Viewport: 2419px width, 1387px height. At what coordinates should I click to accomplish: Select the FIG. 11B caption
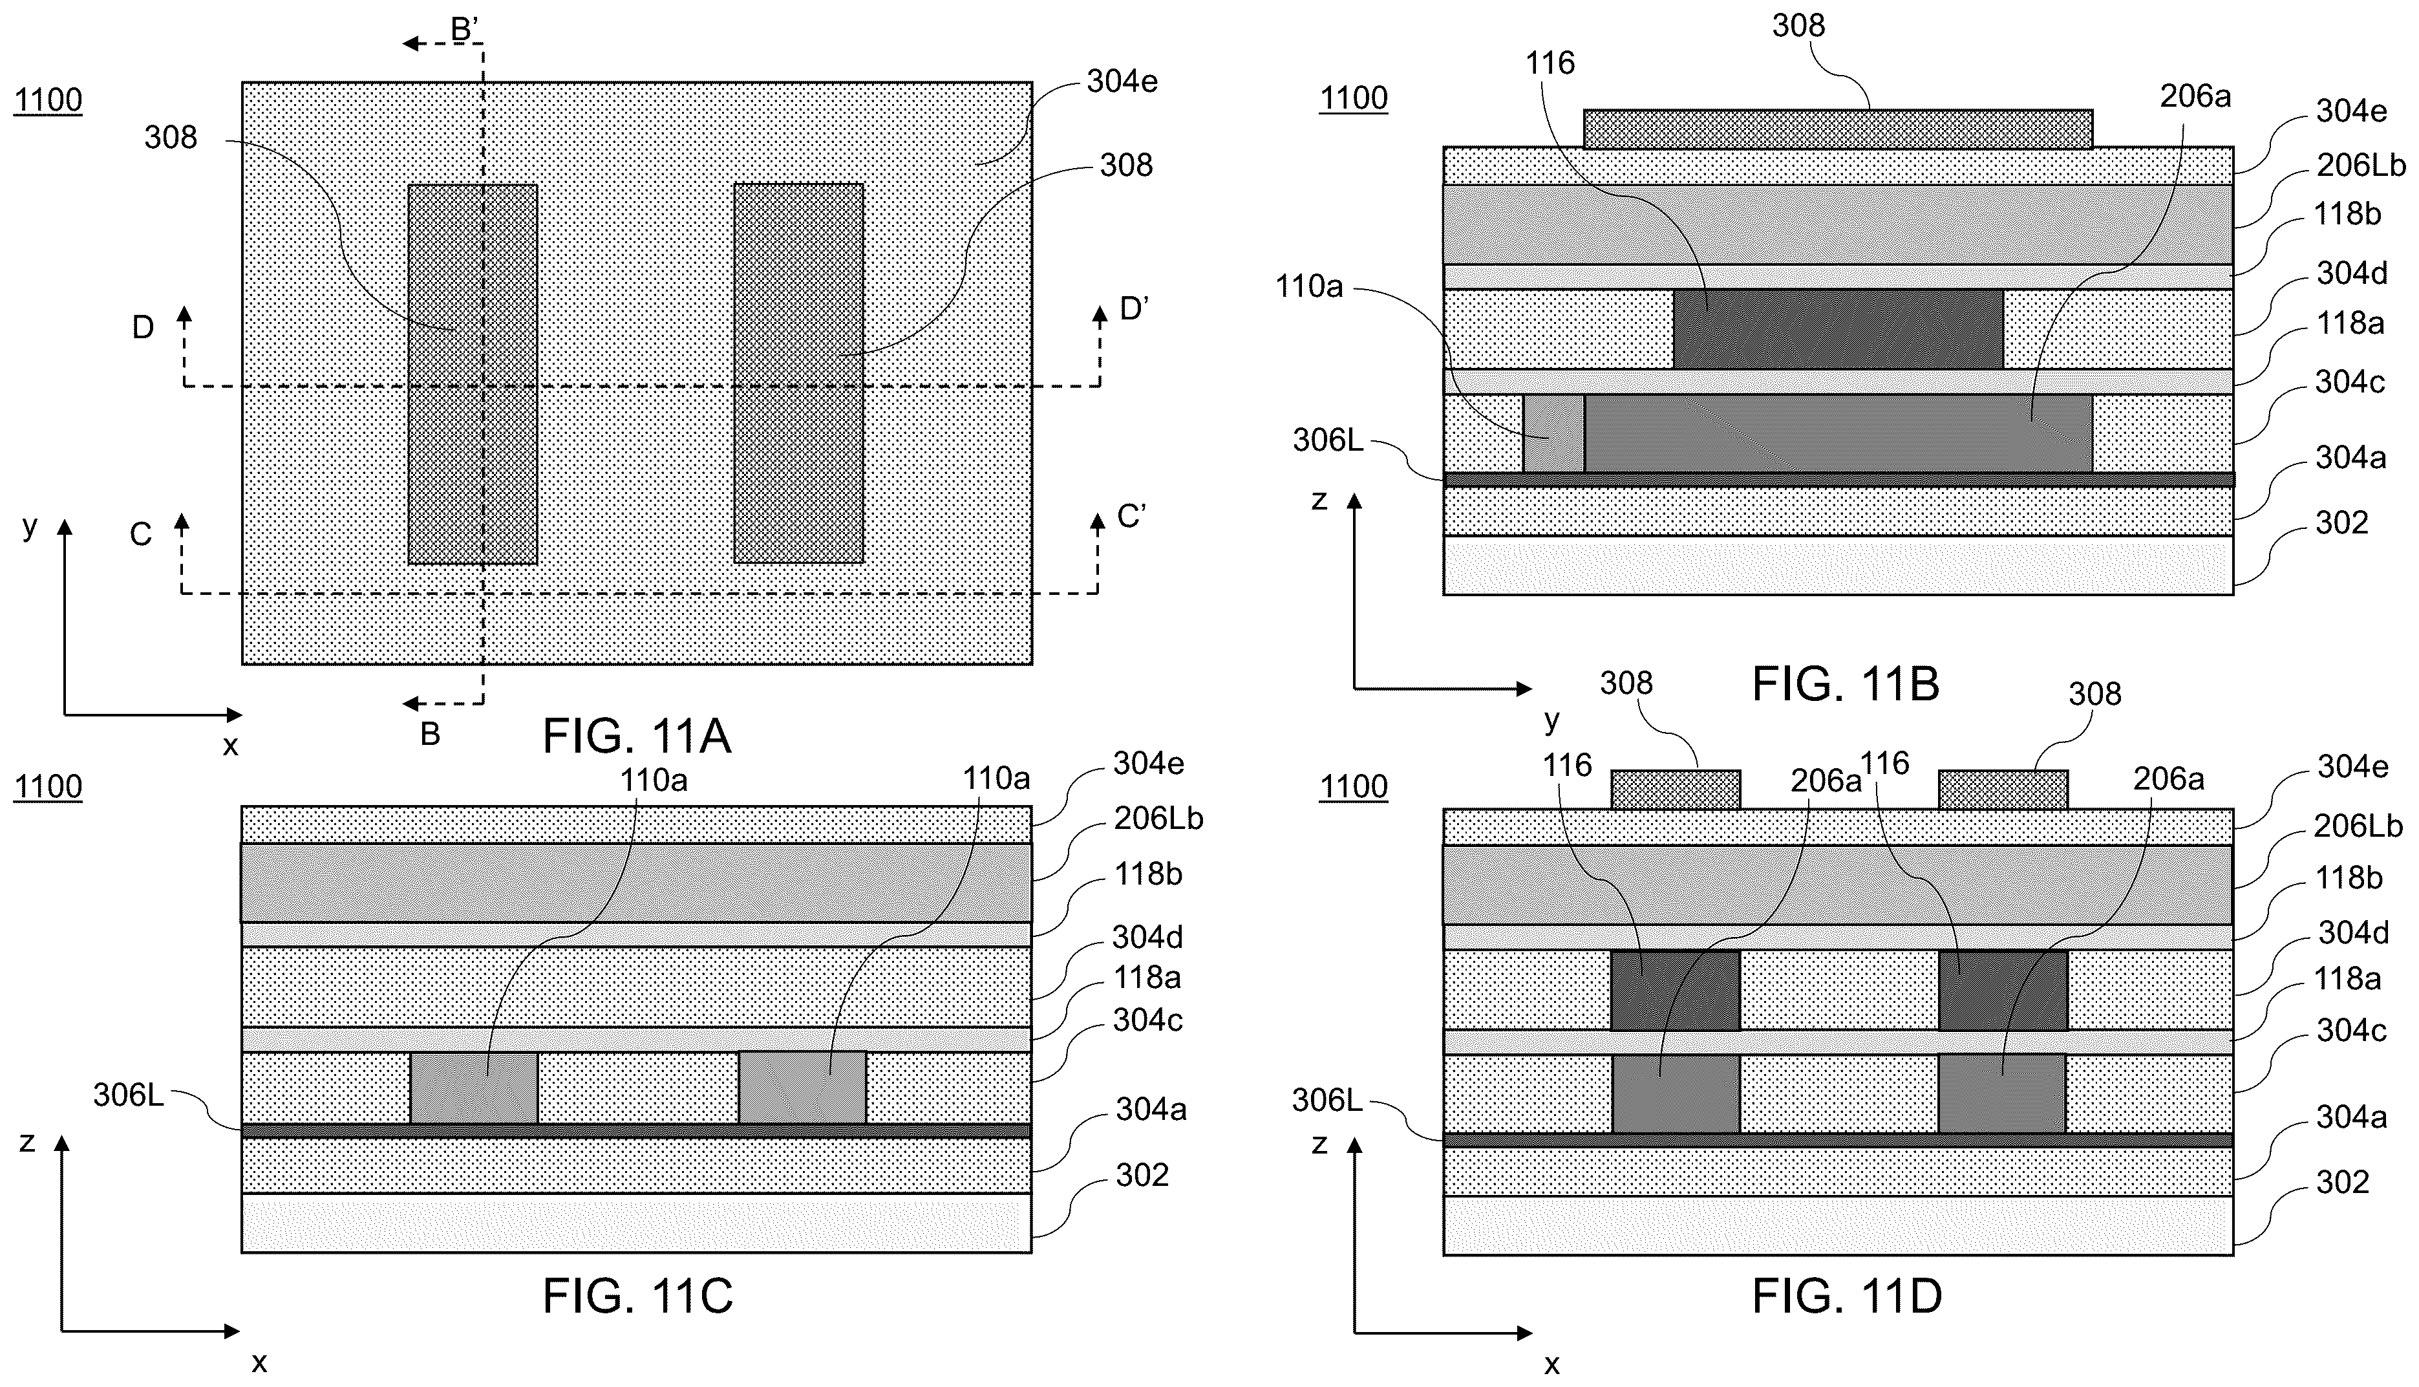[1846, 684]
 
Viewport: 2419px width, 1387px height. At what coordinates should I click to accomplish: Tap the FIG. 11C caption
[637, 1296]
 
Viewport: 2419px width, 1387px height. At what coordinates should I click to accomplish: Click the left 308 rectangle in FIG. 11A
[473, 374]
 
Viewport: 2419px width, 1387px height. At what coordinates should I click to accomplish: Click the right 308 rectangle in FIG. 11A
[799, 374]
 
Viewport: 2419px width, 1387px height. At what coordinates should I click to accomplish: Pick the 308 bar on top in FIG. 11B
[1838, 129]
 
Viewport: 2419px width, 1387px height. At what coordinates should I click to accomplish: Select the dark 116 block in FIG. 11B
[1838, 328]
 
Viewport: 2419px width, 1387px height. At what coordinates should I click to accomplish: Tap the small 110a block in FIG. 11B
[1553, 433]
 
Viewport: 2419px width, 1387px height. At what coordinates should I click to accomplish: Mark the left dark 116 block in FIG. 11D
[1675, 990]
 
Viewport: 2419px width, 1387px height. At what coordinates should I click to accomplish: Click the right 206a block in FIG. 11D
[2002, 1093]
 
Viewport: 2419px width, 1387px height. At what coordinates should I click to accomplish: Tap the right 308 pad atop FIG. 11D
[2003, 790]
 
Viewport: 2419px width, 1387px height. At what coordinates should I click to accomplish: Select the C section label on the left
[141, 534]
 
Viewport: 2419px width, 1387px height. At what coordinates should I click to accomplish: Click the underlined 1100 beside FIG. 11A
[48, 100]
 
